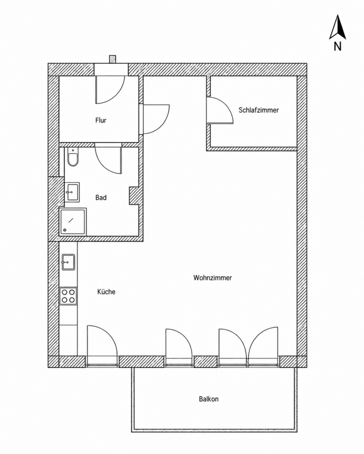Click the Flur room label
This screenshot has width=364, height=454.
pos(101,120)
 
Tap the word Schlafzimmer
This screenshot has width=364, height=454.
pos(259,110)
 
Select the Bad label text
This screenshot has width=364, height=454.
pos(101,198)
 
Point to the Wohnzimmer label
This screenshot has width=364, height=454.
pos(213,278)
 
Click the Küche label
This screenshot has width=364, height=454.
pos(106,292)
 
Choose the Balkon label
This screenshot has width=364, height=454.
pos(209,399)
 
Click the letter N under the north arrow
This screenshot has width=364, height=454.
pos(337,46)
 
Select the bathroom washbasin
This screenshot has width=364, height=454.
pos(72,192)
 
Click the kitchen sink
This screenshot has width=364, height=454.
pos(68,262)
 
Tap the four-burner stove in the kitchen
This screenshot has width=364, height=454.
pos(68,296)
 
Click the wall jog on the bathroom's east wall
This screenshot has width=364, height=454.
pos(134,196)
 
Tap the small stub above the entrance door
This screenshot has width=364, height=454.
pos(113,59)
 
